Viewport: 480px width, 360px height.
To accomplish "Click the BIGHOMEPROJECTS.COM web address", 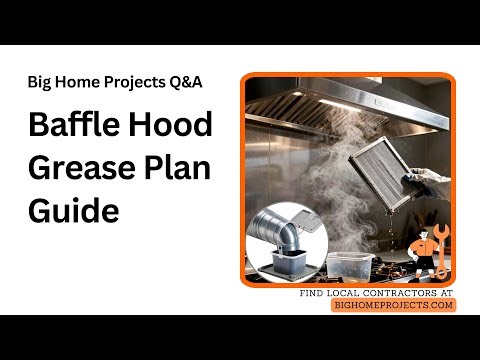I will click(393, 304).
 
